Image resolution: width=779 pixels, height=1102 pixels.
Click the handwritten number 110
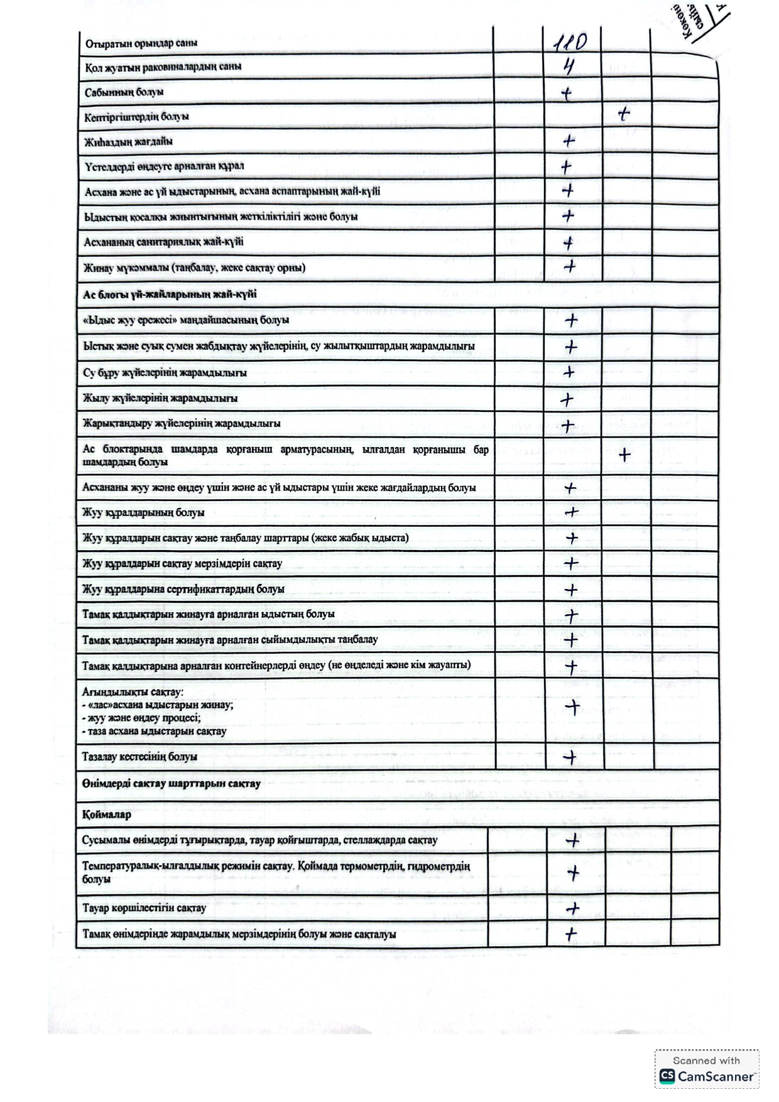coord(570,42)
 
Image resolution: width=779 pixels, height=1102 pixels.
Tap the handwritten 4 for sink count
coord(569,67)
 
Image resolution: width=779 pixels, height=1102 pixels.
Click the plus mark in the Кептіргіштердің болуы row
coord(623,114)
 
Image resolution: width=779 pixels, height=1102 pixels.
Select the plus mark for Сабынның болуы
coord(567,94)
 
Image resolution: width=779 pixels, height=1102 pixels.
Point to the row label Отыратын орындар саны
coord(141,43)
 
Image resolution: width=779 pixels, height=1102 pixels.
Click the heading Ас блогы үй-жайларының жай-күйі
coord(170,294)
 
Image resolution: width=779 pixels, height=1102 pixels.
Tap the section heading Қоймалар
coord(107,814)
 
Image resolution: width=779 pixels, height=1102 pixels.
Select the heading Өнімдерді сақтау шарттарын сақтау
coord(171,784)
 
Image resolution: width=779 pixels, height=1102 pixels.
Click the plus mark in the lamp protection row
coord(624,455)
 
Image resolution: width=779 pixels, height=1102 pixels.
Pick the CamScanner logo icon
coord(667,1076)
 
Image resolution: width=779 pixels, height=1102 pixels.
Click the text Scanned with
coord(706,1061)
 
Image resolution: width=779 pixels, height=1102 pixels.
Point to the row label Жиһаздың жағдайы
coord(129,142)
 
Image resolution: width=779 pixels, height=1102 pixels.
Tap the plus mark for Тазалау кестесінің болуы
coord(570,757)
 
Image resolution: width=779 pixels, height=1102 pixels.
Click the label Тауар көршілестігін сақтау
coord(144,908)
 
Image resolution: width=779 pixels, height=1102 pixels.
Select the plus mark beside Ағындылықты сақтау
coord(572,708)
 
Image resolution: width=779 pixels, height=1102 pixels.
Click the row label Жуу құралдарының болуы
coord(143,512)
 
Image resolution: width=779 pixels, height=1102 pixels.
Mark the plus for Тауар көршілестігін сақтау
coord(572,909)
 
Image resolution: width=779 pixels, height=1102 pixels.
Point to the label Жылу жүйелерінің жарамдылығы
coord(160,398)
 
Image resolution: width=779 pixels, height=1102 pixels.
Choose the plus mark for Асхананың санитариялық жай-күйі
coord(568,243)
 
